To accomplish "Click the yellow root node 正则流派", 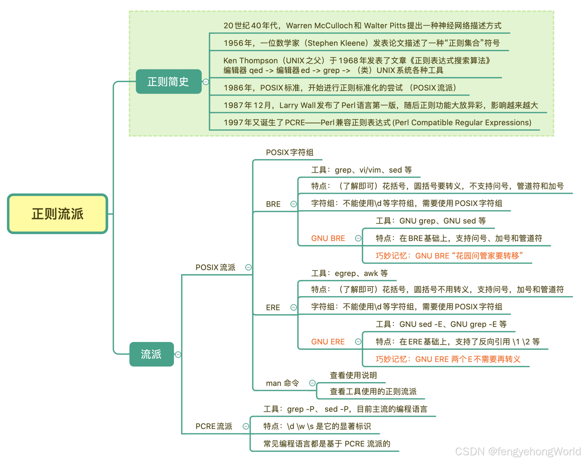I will tap(58, 214).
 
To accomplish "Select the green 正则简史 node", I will tap(168, 82).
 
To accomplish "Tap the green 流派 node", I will tap(151, 354).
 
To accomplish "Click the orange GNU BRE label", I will tap(328, 238).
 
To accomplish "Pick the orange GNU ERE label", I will tap(328, 342).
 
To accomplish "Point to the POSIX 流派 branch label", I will tap(215, 267).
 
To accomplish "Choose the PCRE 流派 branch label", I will tap(214, 426).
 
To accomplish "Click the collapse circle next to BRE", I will tap(293, 204).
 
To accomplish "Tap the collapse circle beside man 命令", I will tap(312, 383).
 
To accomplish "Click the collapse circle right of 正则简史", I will tap(206, 82).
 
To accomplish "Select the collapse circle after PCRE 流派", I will tap(246, 426).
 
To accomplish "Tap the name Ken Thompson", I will tap(250, 61).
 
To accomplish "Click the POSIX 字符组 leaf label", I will tap(289, 152).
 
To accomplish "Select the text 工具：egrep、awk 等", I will tap(349, 273).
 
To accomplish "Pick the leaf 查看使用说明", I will tap(353, 375).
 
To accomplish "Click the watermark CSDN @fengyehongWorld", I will tap(518, 452).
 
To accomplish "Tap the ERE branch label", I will tap(273, 307).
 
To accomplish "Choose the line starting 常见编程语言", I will tap(326, 444).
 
